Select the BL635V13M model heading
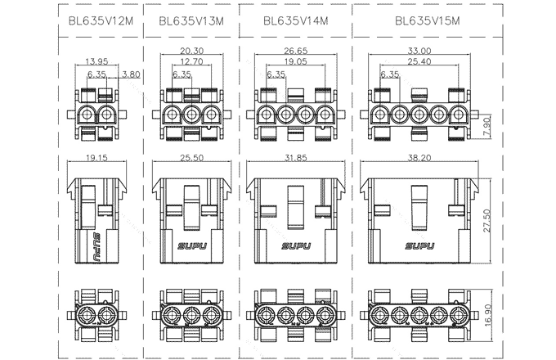191,22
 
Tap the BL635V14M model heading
296,21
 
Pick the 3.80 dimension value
129,74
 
